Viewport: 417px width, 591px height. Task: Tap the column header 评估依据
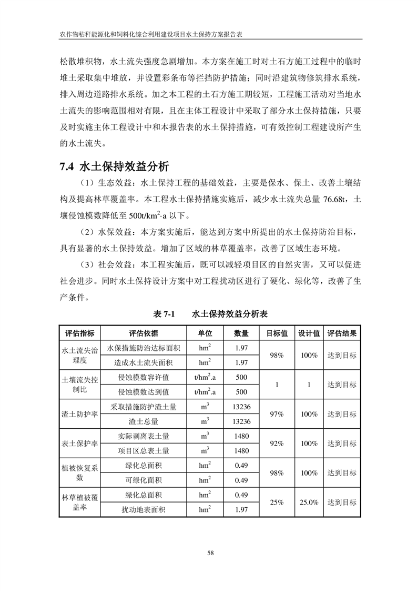[144, 333]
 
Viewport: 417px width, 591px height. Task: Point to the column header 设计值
[309, 333]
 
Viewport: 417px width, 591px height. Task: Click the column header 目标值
[277, 333]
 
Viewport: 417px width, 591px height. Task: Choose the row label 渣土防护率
[80, 414]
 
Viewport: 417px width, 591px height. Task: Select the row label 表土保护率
[80, 444]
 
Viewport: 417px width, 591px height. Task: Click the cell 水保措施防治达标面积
[144, 348]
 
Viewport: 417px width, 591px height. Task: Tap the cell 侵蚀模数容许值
[144, 377]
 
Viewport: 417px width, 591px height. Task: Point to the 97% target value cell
[277, 414]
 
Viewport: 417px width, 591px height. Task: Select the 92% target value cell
[277, 444]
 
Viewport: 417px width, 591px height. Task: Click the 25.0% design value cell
[309, 503]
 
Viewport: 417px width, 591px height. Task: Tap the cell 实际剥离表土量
[144, 436]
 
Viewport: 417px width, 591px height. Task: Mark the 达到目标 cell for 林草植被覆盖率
[342, 503]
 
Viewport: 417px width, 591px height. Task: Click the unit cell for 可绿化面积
[205, 480]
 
